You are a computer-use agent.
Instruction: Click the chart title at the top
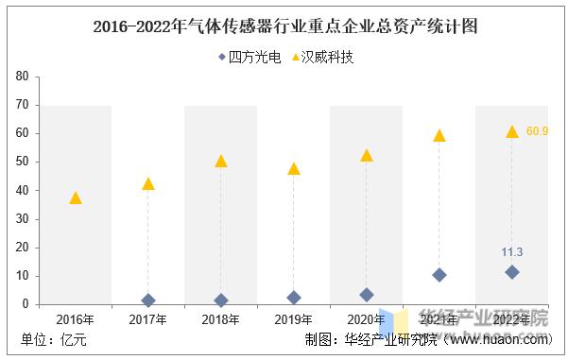pyautogui.click(x=284, y=26)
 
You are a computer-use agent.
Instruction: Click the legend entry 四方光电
pyautogui.click(x=250, y=57)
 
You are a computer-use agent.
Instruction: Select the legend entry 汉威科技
pyautogui.click(x=320, y=57)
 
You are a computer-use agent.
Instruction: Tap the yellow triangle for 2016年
pyautogui.click(x=76, y=197)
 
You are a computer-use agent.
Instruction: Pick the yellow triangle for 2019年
pyautogui.click(x=294, y=168)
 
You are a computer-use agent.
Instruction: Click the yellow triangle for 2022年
pyautogui.click(x=512, y=131)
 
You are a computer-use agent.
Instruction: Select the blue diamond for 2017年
pyautogui.click(x=148, y=300)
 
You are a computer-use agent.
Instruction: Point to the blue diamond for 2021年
pyautogui.click(x=439, y=275)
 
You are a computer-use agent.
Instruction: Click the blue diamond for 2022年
pyautogui.click(x=512, y=272)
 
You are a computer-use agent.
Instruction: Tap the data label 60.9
pyautogui.click(x=538, y=130)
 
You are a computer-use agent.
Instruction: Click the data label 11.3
pyautogui.click(x=511, y=251)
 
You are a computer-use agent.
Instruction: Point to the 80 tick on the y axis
pyautogui.click(x=22, y=76)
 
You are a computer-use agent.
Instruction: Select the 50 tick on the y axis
pyautogui.click(x=22, y=162)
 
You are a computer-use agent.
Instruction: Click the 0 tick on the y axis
pyautogui.click(x=26, y=304)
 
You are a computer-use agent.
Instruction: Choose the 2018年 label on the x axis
pyautogui.click(x=221, y=319)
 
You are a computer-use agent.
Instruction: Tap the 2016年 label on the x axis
pyautogui.click(x=76, y=319)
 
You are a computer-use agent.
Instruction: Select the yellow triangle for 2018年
pyautogui.click(x=221, y=161)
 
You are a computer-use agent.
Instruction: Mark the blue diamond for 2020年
pyautogui.click(x=367, y=295)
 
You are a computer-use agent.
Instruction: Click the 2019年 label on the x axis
pyautogui.click(x=294, y=319)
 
